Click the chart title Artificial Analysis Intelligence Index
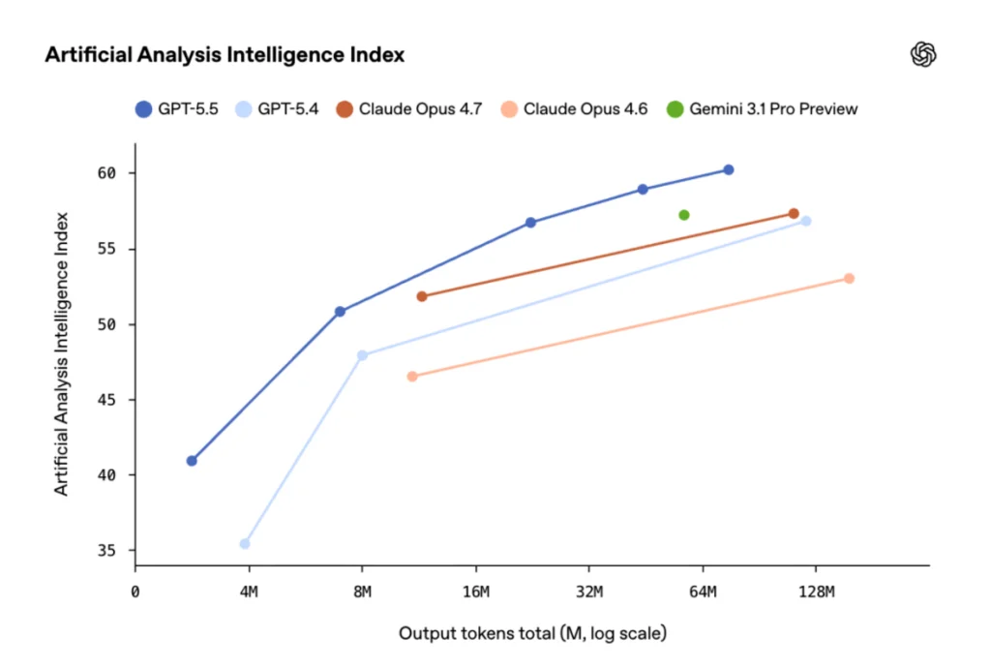pos(225,55)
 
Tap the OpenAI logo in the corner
pos(924,55)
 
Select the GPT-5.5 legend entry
pos(177,108)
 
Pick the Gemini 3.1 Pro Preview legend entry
pos(762,108)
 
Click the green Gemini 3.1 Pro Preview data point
pos(684,215)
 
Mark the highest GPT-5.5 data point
pos(729,169)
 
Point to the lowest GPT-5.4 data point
pos(245,543)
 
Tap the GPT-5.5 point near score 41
pos(192,461)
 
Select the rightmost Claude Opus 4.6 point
pos(849,279)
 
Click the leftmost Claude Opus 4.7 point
pos(422,296)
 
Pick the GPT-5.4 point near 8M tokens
pos(363,355)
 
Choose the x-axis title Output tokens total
pos(532,634)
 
